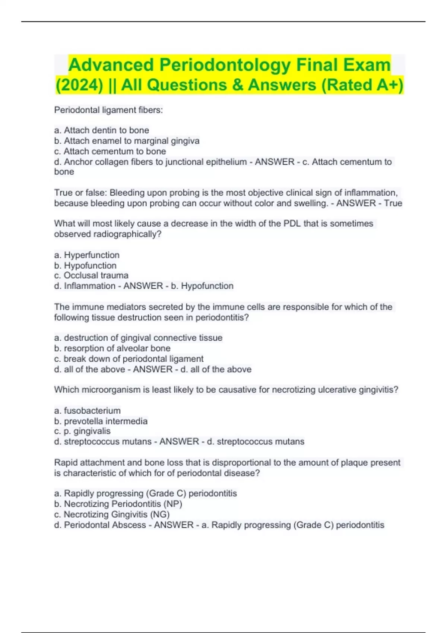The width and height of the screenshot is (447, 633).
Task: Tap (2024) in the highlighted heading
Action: (x=79, y=85)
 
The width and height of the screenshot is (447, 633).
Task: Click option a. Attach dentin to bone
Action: (x=101, y=130)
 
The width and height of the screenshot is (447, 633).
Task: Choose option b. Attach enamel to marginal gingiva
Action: (x=127, y=141)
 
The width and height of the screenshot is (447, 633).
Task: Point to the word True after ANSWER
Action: (x=393, y=203)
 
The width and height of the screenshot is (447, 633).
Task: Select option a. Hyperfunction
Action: (x=87, y=255)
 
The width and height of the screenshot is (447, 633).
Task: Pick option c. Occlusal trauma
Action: (x=91, y=276)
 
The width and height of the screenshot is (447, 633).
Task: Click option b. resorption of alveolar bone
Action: (x=112, y=348)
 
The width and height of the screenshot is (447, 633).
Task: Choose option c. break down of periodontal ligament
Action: (x=129, y=359)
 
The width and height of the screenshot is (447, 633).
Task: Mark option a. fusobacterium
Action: (x=87, y=411)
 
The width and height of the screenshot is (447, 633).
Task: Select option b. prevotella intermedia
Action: (x=101, y=421)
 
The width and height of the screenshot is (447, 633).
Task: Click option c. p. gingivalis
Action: (x=82, y=431)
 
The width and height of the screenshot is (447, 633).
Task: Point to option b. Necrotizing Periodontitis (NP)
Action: (x=118, y=504)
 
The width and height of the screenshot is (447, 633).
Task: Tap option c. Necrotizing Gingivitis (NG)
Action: (x=112, y=514)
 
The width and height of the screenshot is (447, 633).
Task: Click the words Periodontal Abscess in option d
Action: (x=105, y=525)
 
